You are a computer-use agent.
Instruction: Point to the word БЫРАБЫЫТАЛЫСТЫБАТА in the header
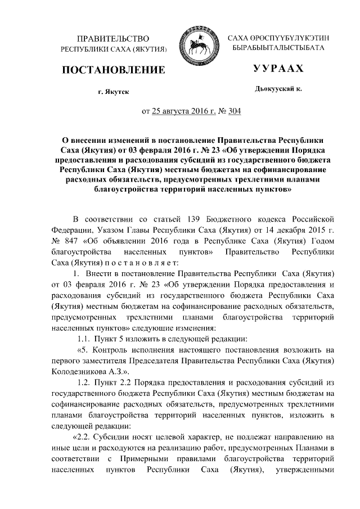coord(279,48)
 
